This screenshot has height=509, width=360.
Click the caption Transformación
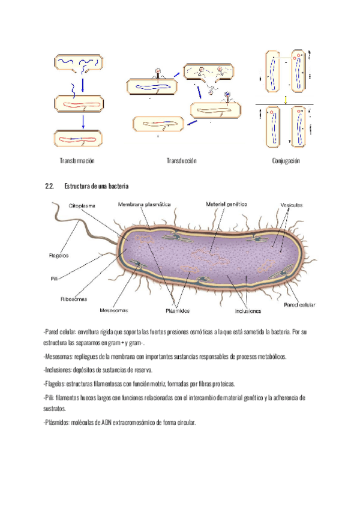[77, 161]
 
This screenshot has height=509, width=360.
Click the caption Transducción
[181, 161]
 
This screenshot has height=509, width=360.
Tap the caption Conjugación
[286, 161]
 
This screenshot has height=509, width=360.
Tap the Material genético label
[227, 204]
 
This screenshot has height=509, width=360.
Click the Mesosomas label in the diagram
[114, 311]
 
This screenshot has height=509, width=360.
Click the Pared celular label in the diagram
[299, 305]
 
